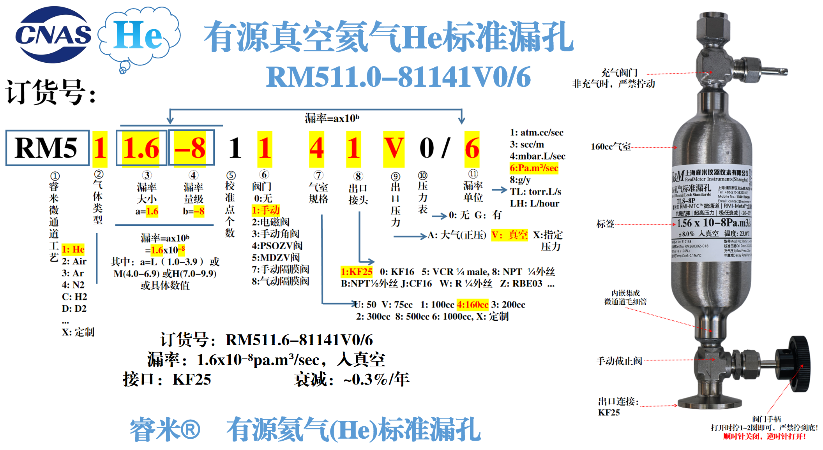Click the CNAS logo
point(53,35)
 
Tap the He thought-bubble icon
point(139,37)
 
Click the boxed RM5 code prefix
point(47,148)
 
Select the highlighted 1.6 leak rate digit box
point(141,148)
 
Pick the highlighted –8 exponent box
point(190,148)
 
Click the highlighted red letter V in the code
point(394,148)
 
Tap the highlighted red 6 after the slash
point(472,148)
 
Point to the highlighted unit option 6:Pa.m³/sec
point(534,168)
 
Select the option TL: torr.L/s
point(535,192)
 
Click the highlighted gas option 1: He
point(73,249)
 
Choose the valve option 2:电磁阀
point(270,222)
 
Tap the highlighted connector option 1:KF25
point(357,271)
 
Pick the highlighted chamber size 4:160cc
point(472,304)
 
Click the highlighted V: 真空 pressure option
point(509,235)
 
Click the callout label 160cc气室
point(611,147)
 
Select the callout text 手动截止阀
point(619,361)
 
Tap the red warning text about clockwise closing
point(764,436)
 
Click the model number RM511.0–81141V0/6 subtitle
point(398,77)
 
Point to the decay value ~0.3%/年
point(376,379)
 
